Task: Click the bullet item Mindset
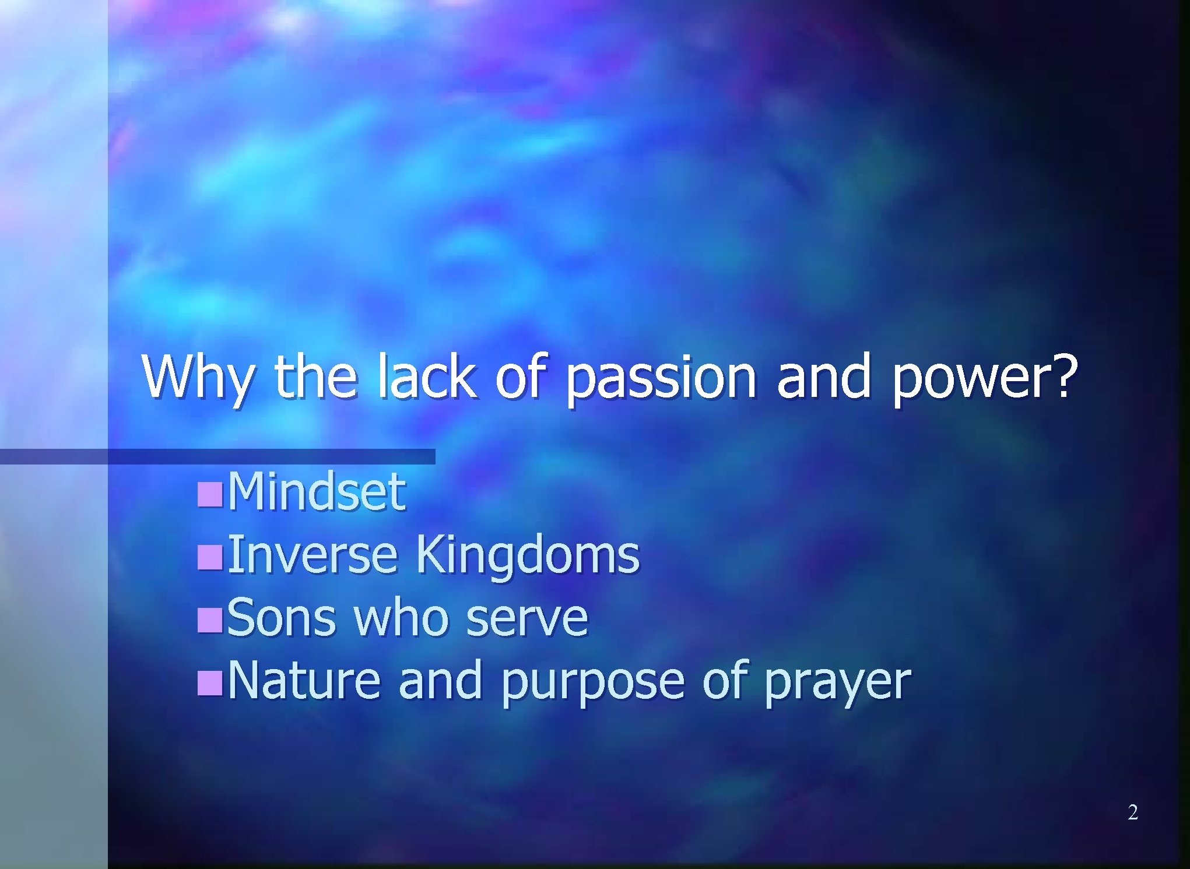click(316, 491)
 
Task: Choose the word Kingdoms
click(526, 555)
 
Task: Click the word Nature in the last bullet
click(304, 680)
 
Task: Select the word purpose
click(592, 682)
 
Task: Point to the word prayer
click(837, 682)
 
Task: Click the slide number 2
click(1132, 812)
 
